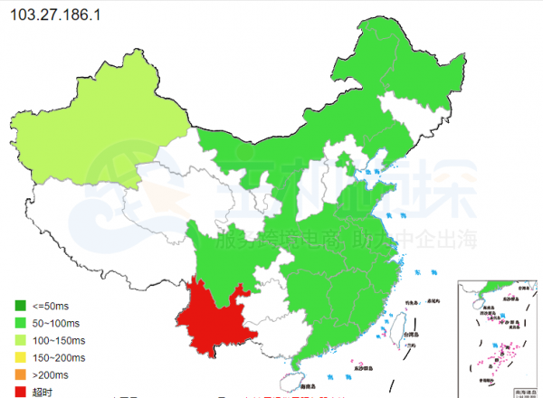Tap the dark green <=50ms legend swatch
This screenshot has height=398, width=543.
(x=20, y=305)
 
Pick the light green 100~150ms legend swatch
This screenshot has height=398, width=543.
(x=20, y=340)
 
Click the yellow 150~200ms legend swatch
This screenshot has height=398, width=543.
(x=20, y=357)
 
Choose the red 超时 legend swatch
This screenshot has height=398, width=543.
(x=20, y=392)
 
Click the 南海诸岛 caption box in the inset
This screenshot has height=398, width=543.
(x=525, y=392)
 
